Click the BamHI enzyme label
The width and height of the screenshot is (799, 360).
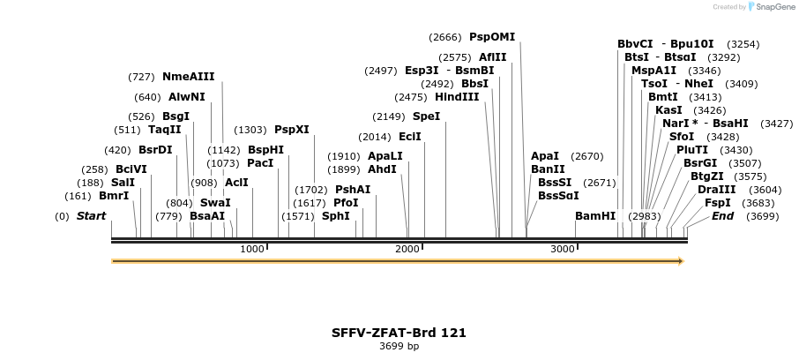595,216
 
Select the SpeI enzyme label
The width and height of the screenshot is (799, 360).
426,116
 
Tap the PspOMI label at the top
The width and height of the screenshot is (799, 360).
492,37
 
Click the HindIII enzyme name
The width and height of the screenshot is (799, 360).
457,97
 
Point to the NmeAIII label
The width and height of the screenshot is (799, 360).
188,77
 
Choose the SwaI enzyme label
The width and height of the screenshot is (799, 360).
215,203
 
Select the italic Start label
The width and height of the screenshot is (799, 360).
91,216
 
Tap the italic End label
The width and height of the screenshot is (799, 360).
722,216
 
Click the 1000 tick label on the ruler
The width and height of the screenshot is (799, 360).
252,250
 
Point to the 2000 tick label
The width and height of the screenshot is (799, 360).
407,250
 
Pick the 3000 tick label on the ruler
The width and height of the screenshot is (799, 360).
563,250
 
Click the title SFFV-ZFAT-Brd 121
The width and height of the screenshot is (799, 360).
399,333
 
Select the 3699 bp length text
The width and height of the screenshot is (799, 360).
399,346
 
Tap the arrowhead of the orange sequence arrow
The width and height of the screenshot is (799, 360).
680,261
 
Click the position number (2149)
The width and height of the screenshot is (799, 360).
388,116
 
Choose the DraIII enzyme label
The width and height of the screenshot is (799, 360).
716,190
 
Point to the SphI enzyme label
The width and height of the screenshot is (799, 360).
336,216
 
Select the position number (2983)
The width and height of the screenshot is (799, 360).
644,216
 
